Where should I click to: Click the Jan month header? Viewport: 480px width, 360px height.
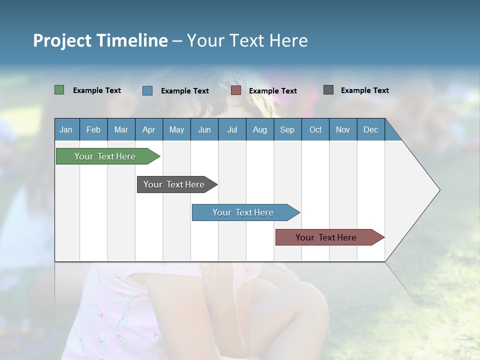[66, 129]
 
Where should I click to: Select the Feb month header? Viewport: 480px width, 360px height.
[93, 129]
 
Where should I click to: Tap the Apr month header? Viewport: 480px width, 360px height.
[148, 129]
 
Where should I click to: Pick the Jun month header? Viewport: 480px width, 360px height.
[204, 129]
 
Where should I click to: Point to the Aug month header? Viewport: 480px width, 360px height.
[259, 129]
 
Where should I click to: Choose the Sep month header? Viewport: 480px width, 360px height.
[287, 129]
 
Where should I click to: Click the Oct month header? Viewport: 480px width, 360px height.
[315, 129]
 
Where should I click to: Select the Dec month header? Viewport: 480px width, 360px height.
[370, 129]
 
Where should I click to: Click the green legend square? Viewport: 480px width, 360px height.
[59, 90]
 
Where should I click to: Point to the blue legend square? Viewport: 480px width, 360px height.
[147, 90]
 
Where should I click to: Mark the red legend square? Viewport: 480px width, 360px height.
[236, 90]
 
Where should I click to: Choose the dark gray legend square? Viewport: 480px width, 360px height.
[328, 90]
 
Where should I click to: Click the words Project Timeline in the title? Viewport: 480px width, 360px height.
[100, 40]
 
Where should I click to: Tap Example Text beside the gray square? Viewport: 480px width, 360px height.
[364, 90]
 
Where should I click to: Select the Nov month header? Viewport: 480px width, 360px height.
[343, 129]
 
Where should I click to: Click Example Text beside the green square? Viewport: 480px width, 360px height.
[97, 90]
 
